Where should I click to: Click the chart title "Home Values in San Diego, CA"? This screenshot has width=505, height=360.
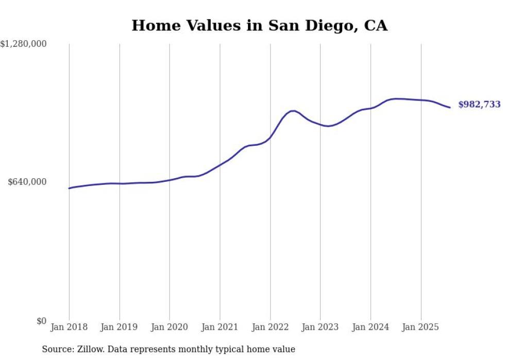tap(259, 25)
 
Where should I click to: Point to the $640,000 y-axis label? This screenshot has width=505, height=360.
tap(27, 182)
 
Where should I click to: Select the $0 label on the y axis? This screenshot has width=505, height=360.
tap(41, 321)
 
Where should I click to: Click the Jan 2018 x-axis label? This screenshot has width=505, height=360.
tap(69, 327)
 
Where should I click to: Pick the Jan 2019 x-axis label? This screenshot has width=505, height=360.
tap(120, 327)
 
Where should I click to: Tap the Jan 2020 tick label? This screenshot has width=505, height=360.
tap(170, 327)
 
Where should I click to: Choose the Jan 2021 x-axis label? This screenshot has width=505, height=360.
tap(220, 327)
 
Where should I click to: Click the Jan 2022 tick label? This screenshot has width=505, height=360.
tap(270, 327)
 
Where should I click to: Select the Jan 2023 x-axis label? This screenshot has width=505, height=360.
tap(320, 327)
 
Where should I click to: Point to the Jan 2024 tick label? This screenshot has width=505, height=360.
tap(371, 327)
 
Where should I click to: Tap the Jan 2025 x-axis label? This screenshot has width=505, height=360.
tap(421, 327)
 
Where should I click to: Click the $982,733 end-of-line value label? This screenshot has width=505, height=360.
tap(479, 105)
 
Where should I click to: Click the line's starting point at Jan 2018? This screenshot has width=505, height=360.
tap(69, 188)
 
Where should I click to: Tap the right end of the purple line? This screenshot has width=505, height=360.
tap(450, 107)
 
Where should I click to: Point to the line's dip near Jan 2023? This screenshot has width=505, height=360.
tap(328, 126)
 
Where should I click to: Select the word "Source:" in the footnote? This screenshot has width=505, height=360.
tap(58, 349)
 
